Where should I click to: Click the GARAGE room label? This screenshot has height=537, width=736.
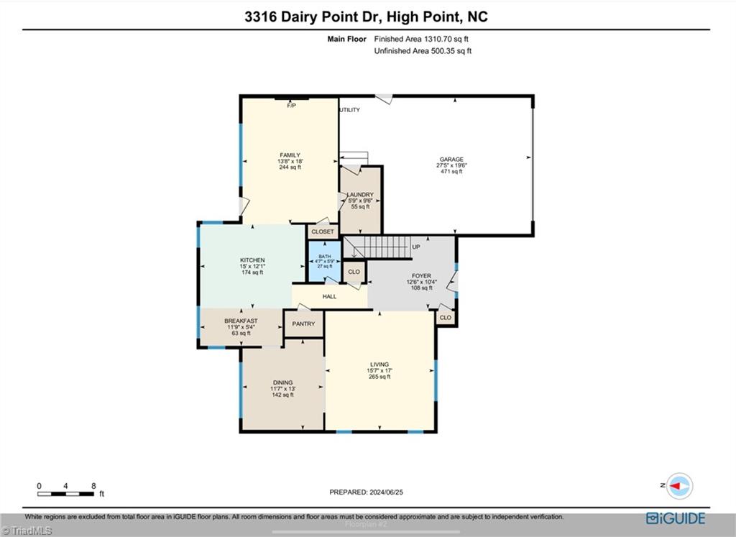(x=451, y=160)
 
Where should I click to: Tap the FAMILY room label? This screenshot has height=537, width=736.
(x=290, y=155)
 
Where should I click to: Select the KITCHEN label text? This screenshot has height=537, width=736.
(x=252, y=260)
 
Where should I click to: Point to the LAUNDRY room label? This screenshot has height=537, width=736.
(x=359, y=195)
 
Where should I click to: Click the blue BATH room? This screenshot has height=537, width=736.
(x=324, y=261)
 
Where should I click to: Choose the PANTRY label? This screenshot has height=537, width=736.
(x=303, y=324)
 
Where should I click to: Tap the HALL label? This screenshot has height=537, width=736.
(x=329, y=296)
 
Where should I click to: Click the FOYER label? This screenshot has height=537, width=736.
(x=421, y=275)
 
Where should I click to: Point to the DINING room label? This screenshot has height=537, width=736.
(x=282, y=383)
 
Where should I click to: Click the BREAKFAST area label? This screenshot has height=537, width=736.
(x=241, y=321)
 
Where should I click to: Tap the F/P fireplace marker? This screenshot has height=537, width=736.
(x=291, y=106)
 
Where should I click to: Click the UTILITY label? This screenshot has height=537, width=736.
(x=350, y=110)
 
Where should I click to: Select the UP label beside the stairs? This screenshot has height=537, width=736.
(x=415, y=247)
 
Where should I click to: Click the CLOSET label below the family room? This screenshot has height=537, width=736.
(x=323, y=232)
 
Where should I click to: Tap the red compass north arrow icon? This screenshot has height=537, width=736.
(x=678, y=486)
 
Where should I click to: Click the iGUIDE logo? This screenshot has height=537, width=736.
(x=676, y=518)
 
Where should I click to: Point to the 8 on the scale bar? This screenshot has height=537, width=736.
(x=93, y=486)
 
